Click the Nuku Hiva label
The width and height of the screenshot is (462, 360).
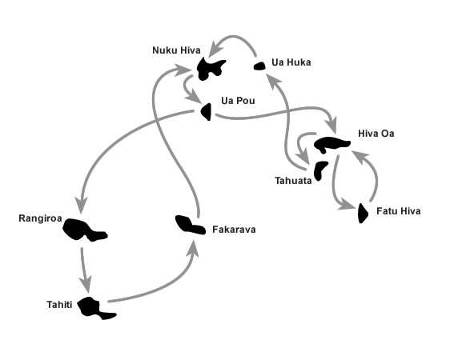(176, 50)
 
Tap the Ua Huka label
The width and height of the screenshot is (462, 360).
(291, 62)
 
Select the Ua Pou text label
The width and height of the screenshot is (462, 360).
(238, 101)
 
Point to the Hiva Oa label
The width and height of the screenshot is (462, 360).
(376, 134)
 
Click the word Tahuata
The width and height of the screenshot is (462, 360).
(293, 181)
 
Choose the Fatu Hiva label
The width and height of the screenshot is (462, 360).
(399, 211)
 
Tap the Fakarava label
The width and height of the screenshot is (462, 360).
(234, 230)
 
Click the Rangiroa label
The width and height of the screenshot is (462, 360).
(40, 218)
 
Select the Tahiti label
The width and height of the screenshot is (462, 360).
(59, 304)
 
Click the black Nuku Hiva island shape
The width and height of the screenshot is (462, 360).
(209, 69)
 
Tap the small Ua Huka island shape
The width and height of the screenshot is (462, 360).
(259, 66)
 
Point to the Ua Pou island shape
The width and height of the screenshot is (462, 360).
(207, 112)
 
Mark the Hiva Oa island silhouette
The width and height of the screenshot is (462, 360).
(331, 144)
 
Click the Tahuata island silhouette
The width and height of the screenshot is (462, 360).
(319, 170)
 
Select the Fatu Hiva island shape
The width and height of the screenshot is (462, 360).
(363, 213)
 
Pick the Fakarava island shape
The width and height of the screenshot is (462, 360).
(190, 225)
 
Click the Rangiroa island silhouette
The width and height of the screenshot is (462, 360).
(84, 230)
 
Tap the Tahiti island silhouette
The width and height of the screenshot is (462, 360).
(94, 308)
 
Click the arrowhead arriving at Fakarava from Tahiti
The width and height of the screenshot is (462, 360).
(193, 249)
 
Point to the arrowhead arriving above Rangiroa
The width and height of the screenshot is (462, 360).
(81, 204)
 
